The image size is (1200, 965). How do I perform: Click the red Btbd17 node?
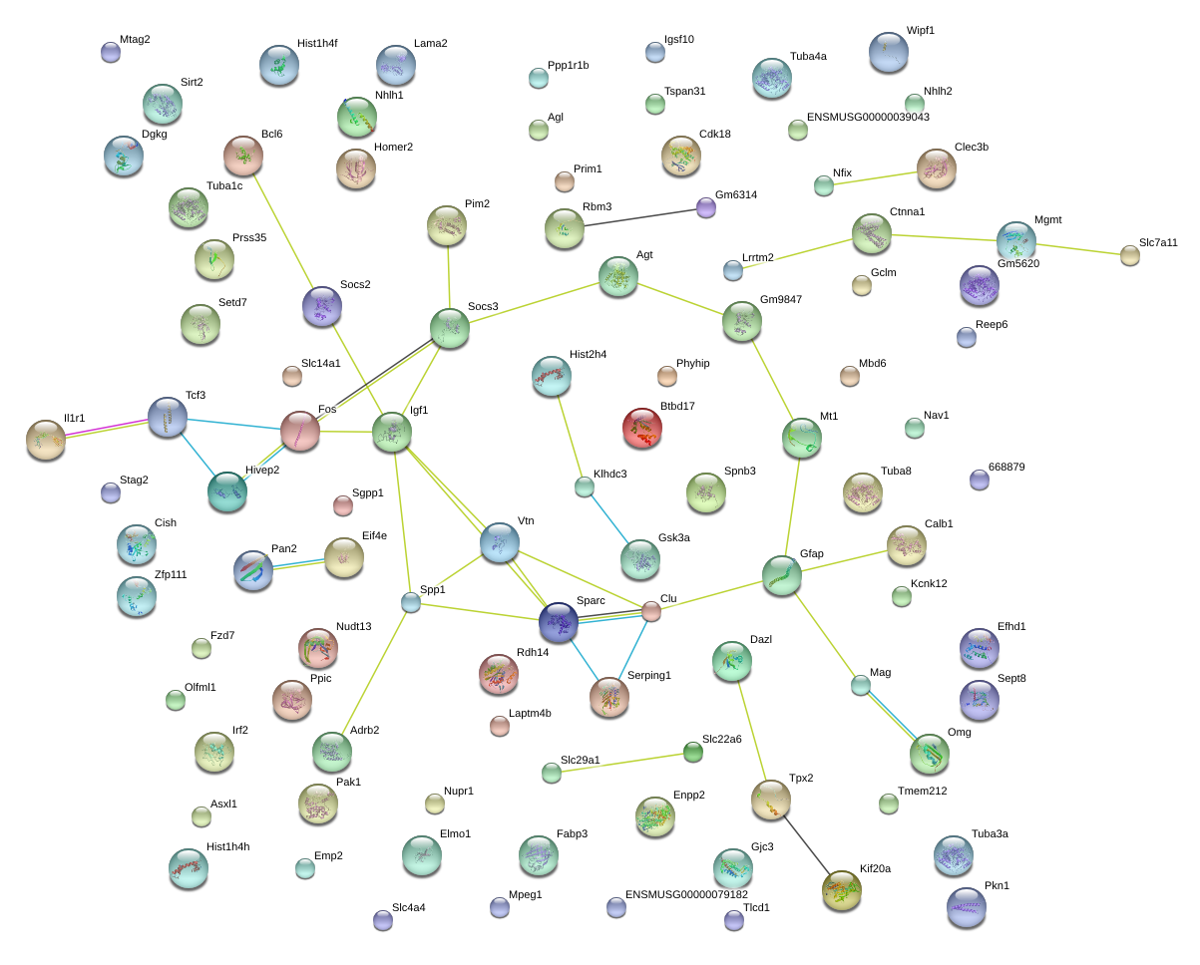641,428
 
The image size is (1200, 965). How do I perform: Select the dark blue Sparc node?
559,622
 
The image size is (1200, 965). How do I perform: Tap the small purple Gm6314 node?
706,208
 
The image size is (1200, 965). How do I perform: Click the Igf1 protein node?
392,432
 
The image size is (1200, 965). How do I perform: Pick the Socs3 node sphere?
450,328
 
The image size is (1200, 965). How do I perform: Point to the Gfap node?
782,575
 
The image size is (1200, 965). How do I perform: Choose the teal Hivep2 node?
227,491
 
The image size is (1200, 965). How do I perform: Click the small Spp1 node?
411,603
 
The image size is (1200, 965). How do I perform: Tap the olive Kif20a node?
842,890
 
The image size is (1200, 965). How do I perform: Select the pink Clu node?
650,611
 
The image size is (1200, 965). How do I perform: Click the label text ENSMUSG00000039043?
868,117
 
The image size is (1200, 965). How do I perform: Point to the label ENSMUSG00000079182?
686,894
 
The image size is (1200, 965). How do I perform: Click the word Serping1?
649,675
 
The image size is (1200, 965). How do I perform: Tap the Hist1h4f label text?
317,44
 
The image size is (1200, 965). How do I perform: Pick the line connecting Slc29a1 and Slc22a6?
621,763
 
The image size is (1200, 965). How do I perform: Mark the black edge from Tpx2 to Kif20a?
807,845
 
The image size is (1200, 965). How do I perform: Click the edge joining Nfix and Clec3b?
875,178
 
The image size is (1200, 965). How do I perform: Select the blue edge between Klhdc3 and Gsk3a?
609,518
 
